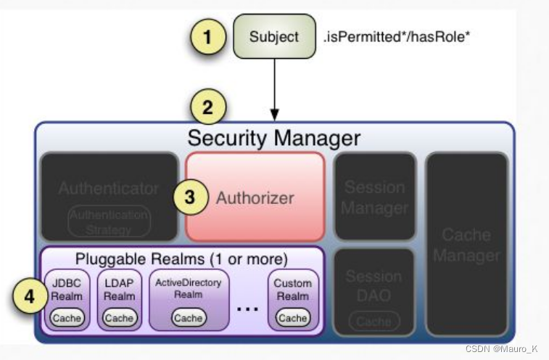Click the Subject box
pos(273,36)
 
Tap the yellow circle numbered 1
pos(207,37)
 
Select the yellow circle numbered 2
pos(207,108)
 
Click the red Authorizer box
pos(255,197)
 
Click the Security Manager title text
pos(273,137)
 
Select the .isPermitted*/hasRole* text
pos(397,36)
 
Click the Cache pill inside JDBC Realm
pos(67,318)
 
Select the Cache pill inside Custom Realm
pos(293,318)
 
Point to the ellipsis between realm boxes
pos(247,308)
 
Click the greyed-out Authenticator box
pos(109,196)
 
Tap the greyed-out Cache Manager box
pos(467,245)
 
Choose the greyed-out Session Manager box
pos(374,197)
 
